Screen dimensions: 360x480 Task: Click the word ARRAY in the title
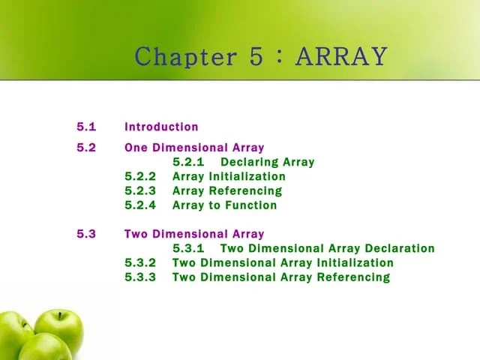coord(342,56)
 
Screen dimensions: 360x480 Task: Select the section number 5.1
coord(86,127)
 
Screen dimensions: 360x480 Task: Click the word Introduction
coord(161,127)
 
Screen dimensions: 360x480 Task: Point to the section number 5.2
coord(86,148)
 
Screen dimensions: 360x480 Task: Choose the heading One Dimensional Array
coord(194,148)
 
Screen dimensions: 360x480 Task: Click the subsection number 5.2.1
coord(188,162)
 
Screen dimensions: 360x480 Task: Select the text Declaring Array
coord(267,162)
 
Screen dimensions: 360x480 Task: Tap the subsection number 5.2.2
coord(140,176)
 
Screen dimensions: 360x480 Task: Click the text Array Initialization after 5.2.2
coord(229,176)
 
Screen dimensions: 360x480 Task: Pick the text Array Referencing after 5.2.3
coord(227,190)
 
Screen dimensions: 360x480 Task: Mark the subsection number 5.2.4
coord(140,205)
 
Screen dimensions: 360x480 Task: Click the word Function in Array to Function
coord(251,205)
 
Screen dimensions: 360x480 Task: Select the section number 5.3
coord(86,234)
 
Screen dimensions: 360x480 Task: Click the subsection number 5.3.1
coord(188,248)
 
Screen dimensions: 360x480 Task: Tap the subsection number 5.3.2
coord(140,262)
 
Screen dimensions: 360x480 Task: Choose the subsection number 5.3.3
coord(140,277)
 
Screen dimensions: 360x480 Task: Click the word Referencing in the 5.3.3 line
coord(353,277)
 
